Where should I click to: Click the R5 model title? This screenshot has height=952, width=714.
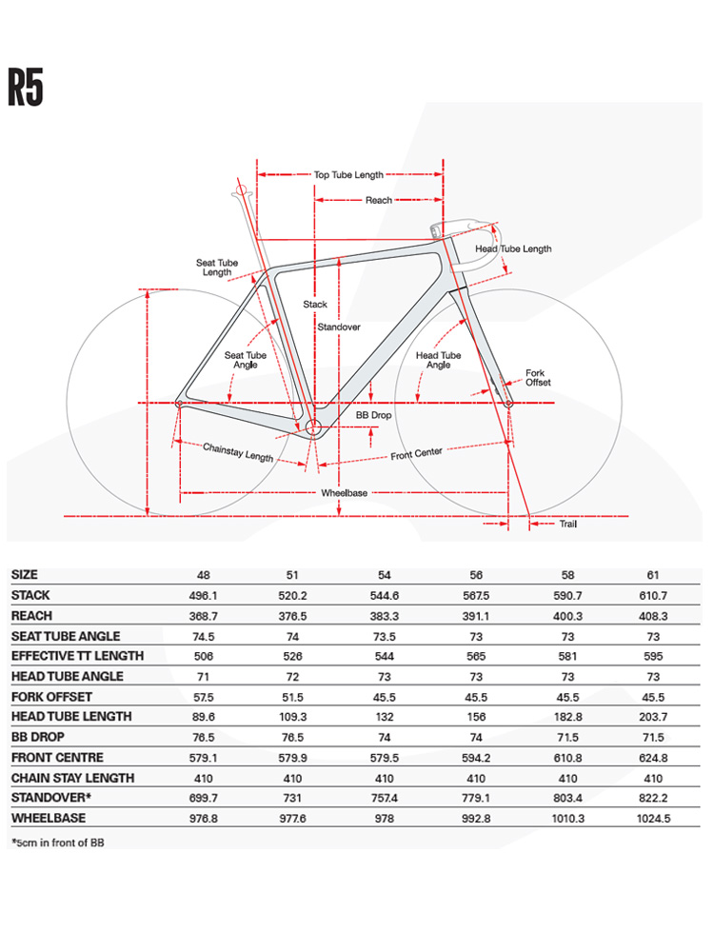coord(26,88)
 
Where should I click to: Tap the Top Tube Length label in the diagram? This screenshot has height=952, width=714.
coord(348,175)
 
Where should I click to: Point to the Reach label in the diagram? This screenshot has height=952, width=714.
coord(378,200)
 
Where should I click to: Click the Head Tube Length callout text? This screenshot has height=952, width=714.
coord(513,248)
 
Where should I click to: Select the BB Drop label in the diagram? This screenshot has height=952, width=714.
coord(373,415)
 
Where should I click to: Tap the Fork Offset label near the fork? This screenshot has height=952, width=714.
coord(538,378)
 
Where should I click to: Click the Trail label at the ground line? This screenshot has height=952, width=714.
coord(567,524)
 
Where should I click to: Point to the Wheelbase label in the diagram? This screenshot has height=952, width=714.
coord(344,493)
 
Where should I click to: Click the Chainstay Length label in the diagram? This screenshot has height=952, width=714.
coord(238,452)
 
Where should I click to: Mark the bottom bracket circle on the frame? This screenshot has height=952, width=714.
coord(312,427)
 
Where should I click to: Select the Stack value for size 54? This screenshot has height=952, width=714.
coord(385,596)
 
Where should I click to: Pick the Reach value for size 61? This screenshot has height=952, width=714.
coord(653,616)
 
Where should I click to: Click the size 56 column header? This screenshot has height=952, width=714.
coord(476,575)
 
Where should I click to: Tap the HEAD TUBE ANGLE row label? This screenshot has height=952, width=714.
coord(68,676)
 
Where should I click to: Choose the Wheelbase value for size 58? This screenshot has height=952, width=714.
coord(567,819)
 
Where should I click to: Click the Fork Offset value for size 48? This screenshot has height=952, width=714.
coord(204,698)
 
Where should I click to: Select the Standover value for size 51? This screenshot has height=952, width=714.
coord(292,798)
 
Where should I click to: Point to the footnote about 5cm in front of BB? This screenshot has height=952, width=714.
coord(58,843)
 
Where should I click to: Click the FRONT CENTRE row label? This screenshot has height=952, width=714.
coord(58,758)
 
